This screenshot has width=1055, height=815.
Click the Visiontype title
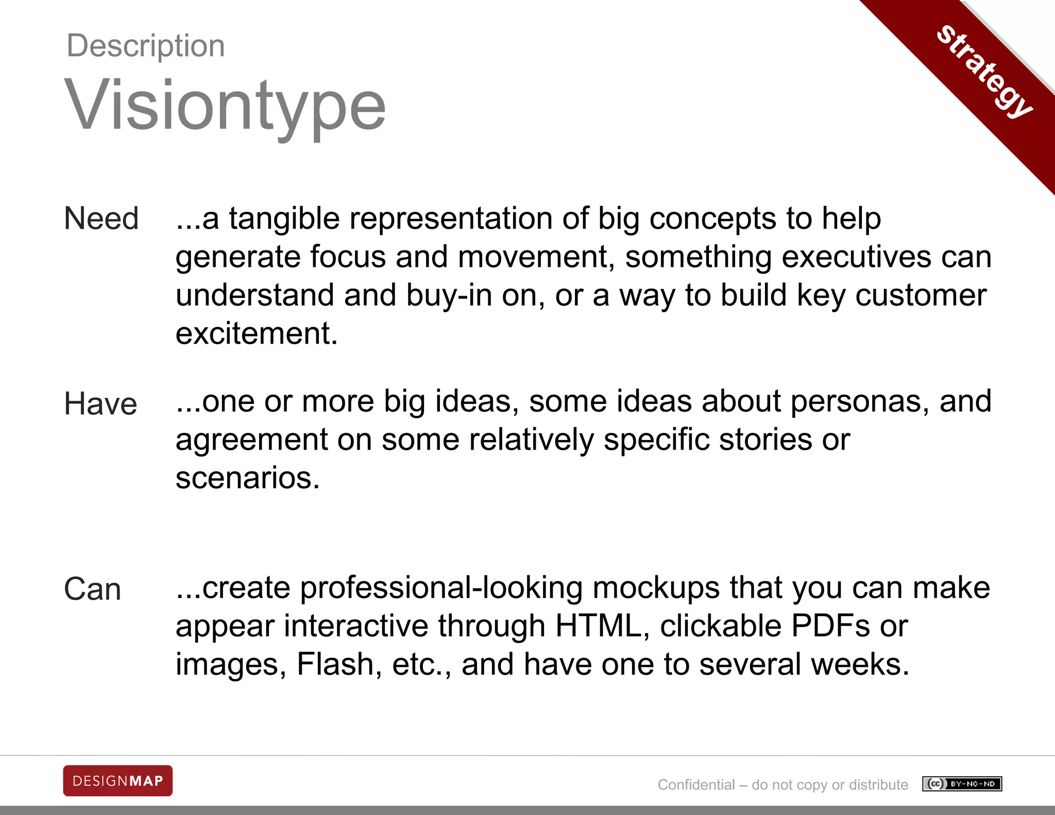(225, 106)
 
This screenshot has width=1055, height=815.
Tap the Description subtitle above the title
(146, 46)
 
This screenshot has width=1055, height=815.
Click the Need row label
(101, 218)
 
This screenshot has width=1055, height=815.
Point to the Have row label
(100, 404)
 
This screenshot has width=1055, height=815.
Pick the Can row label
(93, 589)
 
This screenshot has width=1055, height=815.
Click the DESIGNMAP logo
(118, 781)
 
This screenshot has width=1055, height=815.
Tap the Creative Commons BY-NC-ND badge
(962, 784)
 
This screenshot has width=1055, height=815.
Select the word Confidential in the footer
(696, 785)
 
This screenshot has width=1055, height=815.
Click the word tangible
(284, 218)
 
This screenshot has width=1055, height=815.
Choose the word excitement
(257, 333)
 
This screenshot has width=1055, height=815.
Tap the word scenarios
(247, 478)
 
